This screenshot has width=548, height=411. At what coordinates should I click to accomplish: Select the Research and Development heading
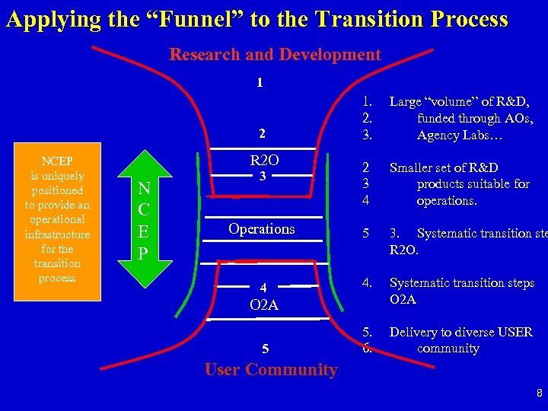[275, 55]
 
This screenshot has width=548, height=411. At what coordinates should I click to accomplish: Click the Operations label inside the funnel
[262, 229]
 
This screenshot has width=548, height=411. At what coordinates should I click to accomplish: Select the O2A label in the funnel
[263, 305]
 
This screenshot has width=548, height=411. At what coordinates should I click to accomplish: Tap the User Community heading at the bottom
[271, 370]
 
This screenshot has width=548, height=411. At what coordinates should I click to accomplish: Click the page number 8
[538, 393]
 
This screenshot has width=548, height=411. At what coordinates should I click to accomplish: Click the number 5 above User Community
[265, 349]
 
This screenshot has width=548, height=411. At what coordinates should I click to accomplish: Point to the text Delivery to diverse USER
[460, 332]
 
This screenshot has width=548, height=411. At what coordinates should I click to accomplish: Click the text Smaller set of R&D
[444, 167]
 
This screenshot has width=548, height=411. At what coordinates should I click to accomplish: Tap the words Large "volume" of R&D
[459, 102]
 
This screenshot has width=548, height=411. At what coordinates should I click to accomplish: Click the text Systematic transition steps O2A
[461, 291]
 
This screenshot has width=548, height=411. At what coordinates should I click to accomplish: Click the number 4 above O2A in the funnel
[263, 288]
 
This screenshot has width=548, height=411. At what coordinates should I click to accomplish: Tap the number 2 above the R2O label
[262, 134]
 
